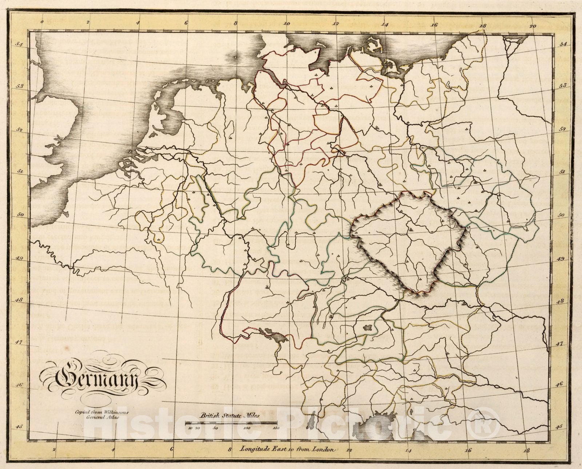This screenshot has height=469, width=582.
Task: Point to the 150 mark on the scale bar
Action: coord(276,428)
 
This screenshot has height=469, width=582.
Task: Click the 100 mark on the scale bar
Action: coord(246,428)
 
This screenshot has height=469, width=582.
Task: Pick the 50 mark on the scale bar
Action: coord(215,428)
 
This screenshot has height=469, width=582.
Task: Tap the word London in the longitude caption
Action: coord(322,450)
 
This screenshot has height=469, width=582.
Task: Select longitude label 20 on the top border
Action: coord(533,26)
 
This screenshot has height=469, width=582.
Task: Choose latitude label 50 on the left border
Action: coord(21,215)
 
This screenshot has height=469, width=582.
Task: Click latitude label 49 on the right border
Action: coord(561,259)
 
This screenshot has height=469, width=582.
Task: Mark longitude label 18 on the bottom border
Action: coord(526,450)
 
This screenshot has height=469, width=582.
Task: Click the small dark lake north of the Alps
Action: coord(368,328)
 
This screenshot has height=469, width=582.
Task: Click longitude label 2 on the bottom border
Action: coord(54,449)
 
